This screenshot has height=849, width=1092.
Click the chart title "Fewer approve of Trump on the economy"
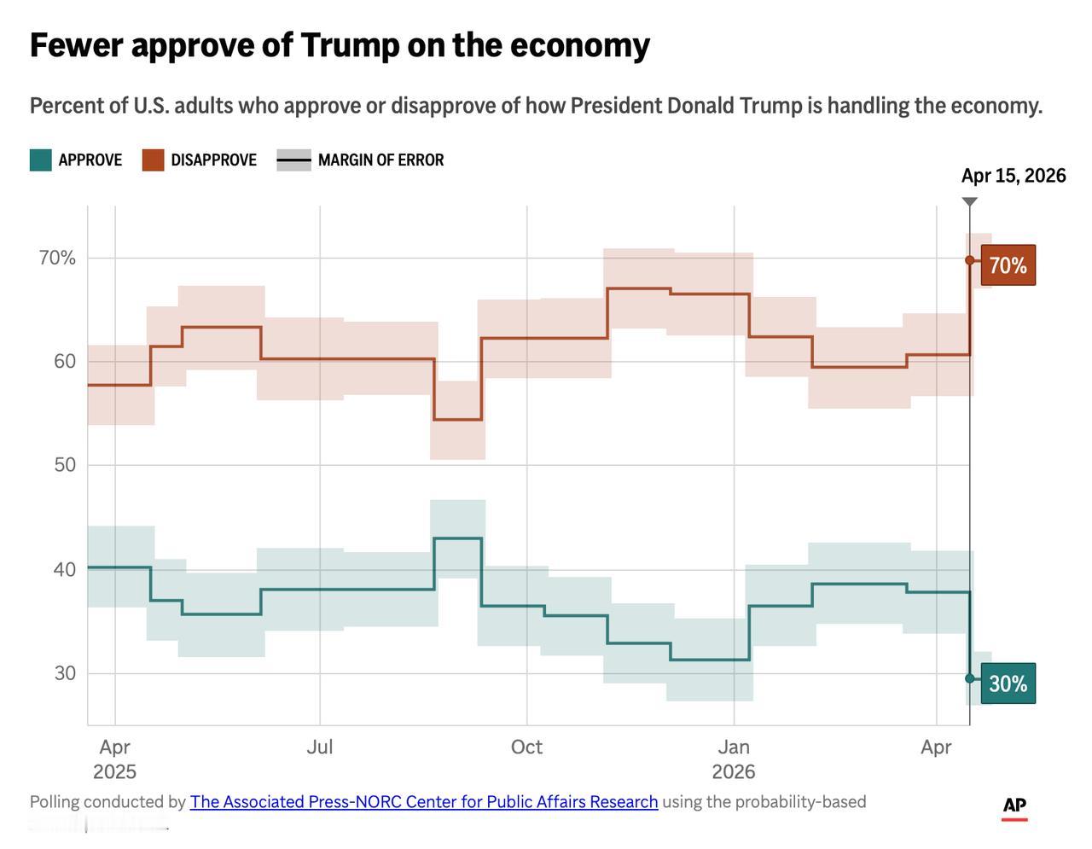[340, 45]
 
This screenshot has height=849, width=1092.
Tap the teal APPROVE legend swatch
[41, 160]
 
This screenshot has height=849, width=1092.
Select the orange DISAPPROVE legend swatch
[153, 160]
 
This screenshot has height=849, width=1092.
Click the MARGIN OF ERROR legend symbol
[294, 160]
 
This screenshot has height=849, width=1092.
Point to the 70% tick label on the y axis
[57, 258]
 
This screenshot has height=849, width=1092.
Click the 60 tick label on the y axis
[65, 361]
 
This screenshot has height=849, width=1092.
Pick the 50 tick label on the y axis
[65, 465]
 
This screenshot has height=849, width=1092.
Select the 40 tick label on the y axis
[65, 569]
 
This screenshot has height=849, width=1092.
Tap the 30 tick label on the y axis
[65, 673]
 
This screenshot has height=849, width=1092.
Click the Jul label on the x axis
[320, 747]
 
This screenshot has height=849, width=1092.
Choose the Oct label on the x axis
[526, 747]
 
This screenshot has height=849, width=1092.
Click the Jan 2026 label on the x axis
[734, 759]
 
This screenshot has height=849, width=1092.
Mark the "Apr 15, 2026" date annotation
[1014, 176]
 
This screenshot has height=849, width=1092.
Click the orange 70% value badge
[1008, 265]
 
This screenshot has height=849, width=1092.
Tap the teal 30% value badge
[1008, 683]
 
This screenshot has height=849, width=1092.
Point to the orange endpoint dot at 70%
[970, 260]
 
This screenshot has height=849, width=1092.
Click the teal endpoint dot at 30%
[970, 678]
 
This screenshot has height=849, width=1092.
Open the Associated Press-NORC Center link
[424, 802]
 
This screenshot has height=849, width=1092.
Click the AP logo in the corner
[1014, 806]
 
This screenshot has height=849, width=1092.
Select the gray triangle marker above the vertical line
[970, 202]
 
